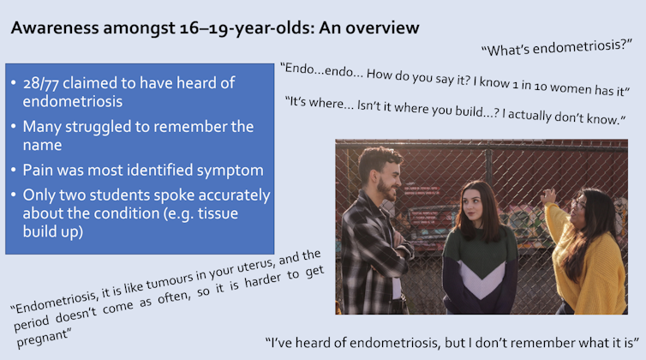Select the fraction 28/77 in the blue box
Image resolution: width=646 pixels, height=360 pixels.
coord(50,83)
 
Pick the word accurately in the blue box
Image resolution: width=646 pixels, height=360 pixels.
coord(232,195)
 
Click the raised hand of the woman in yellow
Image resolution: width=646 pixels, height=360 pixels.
coord(547,198)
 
